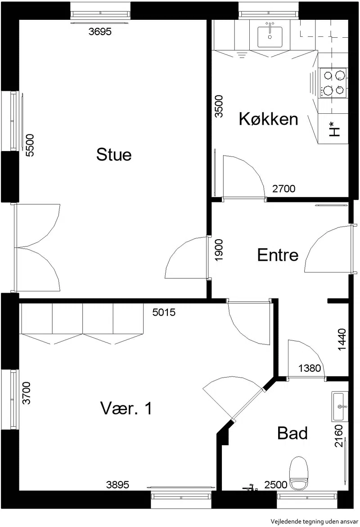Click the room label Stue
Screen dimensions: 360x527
(x=114, y=154)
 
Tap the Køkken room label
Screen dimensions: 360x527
(x=269, y=119)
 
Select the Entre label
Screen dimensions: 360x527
(x=278, y=255)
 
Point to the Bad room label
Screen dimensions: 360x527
(x=292, y=433)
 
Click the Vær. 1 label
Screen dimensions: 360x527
(x=126, y=408)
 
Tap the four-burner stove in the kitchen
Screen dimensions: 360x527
(x=333, y=83)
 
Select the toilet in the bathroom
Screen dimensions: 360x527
(x=299, y=473)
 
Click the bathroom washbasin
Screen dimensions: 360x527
(x=340, y=406)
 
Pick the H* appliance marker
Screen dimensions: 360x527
(x=334, y=129)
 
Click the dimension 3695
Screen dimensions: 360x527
(x=100, y=31)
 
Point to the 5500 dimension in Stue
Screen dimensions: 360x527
(x=30, y=145)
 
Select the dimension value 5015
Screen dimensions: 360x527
(x=164, y=312)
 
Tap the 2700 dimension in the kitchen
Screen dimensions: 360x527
(x=283, y=188)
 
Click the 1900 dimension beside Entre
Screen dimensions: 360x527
(x=219, y=250)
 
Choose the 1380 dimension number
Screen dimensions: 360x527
(x=310, y=368)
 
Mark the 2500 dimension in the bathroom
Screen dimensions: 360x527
(x=275, y=485)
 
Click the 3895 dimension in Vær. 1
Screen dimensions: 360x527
(x=117, y=485)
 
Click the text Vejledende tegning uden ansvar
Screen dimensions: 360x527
(x=314, y=521)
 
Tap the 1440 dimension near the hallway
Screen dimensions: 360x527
(x=342, y=340)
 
